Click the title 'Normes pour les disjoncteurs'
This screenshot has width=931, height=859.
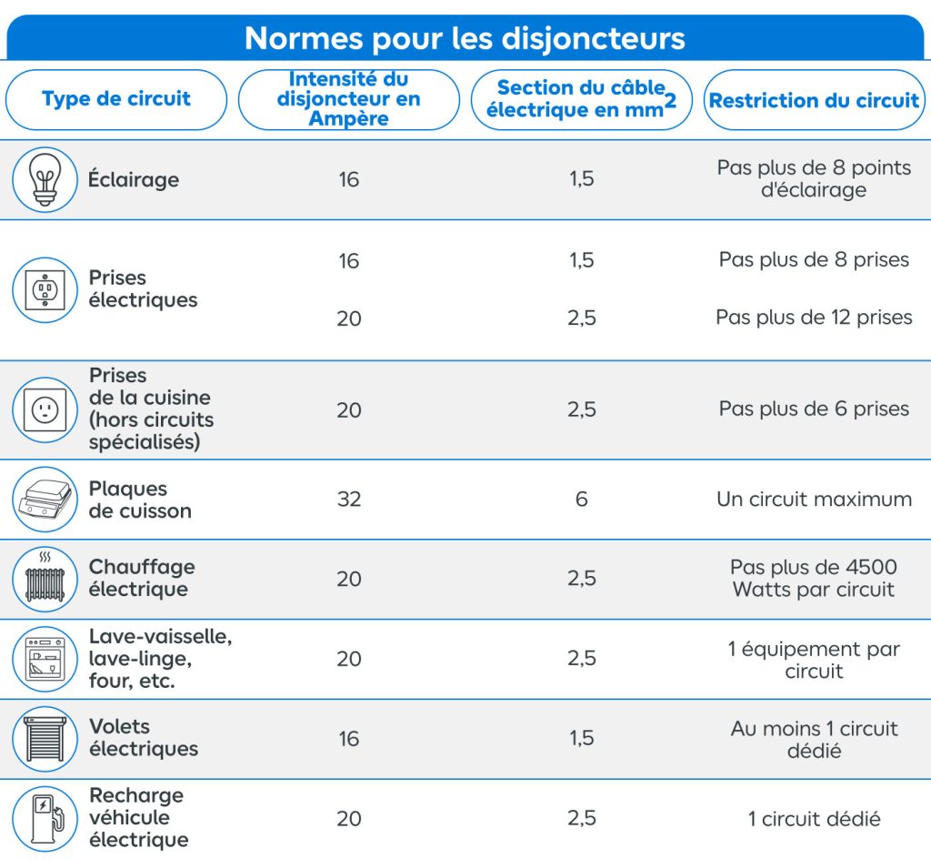point(465,38)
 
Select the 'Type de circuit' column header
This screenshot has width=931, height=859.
point(116,99)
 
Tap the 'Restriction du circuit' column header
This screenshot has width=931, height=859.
point(814,100)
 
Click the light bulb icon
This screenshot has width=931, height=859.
point(45,179)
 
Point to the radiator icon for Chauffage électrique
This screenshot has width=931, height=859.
point(45,579)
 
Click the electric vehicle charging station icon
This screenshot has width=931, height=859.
point(45,818)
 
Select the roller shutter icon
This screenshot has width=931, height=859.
point(45,738)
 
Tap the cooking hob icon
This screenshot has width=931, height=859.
point(45,500)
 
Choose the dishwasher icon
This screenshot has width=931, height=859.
point(45,658)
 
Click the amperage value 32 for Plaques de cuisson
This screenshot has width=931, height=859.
point(349,500)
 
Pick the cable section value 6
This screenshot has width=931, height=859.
point(582,500)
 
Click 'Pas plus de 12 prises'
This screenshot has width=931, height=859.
point(814,318)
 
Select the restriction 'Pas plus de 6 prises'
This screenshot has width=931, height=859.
point(814,409)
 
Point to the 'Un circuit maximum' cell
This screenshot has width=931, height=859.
point(814,500)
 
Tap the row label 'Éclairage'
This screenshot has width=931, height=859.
point(134,179)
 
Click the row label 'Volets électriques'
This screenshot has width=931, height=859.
point(143,738)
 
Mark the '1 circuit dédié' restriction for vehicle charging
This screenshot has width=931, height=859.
point(814,819)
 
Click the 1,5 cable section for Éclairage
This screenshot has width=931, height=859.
point(582,179)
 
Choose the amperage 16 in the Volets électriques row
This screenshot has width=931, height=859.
point(349,738)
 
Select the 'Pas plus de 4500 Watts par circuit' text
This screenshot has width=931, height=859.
point(814,578)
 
